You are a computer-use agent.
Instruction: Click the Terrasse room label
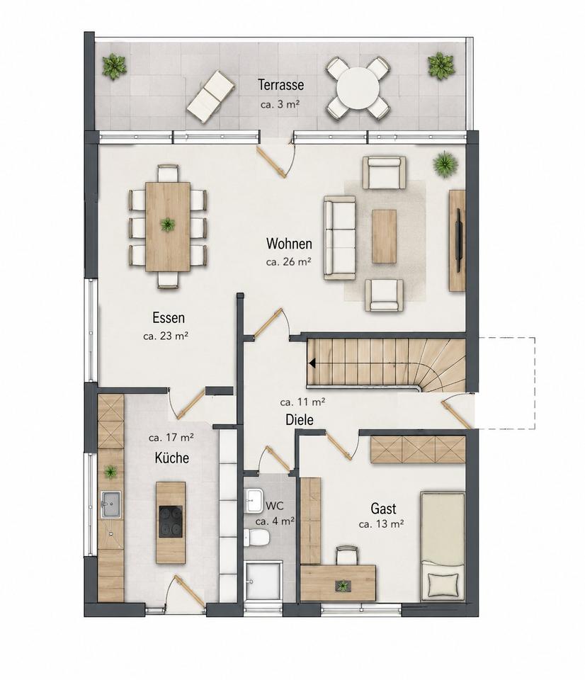(x=280, y=84)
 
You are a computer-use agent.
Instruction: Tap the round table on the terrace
(x=358, y=88)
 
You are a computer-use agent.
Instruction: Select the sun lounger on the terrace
(x=212, y=93)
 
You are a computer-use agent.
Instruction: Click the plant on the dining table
(x=167, y=225)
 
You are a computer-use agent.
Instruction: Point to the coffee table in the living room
(x=385, y=237)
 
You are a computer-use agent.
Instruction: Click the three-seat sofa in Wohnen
(x=339, y=238)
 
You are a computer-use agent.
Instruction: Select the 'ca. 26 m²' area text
(x=289, y=262)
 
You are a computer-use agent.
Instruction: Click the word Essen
(x=169, y=318)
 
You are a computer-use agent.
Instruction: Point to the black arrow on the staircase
(x=311, y=363)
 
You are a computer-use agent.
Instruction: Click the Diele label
(x=299, y=420)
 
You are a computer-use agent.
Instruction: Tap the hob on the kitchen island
(x=171, y=522)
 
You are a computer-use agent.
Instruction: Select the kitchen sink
(x=112, y=504)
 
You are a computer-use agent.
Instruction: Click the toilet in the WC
(x=256, y=537)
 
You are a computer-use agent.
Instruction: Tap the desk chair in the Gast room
(x=347, y=555)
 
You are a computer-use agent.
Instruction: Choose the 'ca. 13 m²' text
(x=382, y=524)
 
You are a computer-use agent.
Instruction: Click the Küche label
(x=171, y=458)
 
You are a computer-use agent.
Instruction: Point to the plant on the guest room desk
(x=343, y=586)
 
